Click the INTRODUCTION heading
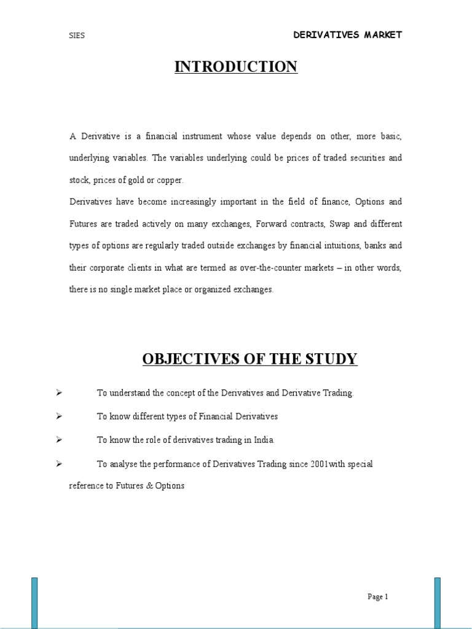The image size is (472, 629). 236,67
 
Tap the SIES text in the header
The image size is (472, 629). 77,36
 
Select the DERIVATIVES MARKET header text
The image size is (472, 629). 347,35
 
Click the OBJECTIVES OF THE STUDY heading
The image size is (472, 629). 250,359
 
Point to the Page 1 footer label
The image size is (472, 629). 377,596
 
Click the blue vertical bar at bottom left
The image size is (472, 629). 34,603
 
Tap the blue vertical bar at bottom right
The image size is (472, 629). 437,603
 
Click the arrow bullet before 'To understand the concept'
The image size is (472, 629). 59,393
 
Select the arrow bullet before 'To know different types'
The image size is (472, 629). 59,416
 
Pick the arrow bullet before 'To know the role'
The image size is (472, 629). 59,439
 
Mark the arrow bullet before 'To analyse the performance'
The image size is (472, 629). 59,463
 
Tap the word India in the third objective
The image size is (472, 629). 264,440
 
